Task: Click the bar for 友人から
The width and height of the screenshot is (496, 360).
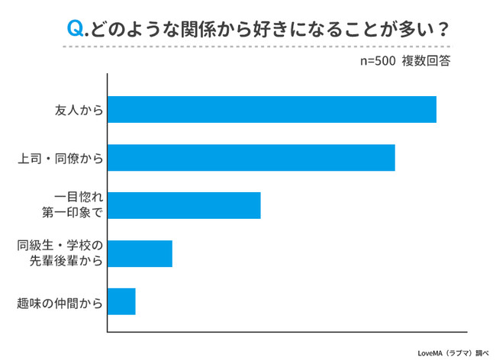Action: tap(272, 109)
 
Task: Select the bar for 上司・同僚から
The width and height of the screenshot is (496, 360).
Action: tap(251, 157)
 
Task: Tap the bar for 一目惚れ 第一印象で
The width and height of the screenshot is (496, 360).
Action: tap(184, 205)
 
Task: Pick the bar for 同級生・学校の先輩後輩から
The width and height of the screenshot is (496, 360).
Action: tap(140, 253)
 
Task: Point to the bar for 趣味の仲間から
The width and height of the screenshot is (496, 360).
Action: tap(121, 301)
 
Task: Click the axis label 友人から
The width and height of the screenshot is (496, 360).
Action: tap(79, 110)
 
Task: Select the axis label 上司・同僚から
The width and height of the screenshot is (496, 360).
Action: tap(60, 158)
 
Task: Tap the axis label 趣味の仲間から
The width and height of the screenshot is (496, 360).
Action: tap(60, 302)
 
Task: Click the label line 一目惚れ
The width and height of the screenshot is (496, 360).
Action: tap(79, 198)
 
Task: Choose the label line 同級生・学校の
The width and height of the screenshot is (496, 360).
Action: tap(60, 246)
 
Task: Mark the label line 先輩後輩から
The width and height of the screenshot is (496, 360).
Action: tap(66, 261)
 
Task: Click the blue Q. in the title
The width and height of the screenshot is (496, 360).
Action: tap(78, 28)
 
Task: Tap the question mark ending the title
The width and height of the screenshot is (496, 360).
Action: tap(441, 28)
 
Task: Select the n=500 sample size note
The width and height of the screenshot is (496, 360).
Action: tap(377, 61)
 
